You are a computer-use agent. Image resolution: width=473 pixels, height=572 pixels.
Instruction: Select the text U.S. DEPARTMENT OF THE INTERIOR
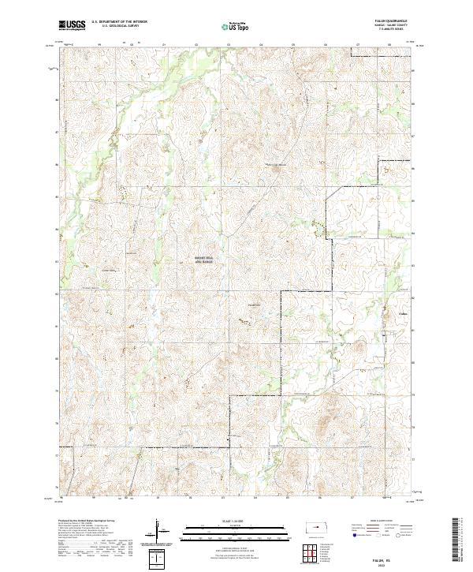pos(120,22)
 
